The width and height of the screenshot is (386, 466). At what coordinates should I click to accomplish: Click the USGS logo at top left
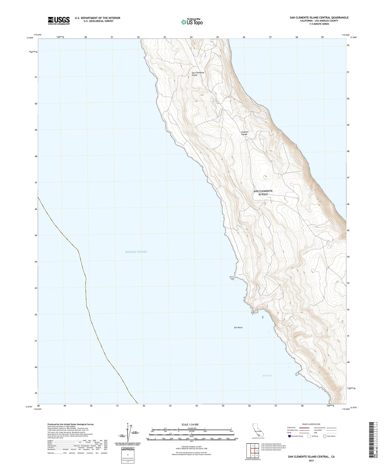pos(59,21)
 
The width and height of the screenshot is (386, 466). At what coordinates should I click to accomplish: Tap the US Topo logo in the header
pos(192,22)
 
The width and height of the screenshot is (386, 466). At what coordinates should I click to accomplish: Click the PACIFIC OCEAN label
pos(136,252)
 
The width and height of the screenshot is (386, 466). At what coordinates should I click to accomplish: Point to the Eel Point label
pos(238,327)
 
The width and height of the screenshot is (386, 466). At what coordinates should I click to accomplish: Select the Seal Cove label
pos(267,376)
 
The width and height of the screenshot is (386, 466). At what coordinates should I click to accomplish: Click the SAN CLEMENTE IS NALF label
pos(263,193)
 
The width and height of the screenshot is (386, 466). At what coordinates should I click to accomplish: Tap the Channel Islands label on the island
pos(244,133)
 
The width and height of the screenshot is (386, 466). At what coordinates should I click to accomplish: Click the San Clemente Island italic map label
pos(198,74)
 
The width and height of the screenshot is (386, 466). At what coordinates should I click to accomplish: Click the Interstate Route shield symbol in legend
pos(289,436)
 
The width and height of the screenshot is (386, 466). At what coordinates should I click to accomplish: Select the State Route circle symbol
pos(325,436)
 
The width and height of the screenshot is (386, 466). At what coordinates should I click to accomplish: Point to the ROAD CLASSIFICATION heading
pos(311,424)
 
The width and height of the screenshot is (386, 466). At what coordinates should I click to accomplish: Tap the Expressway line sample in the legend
pos(304,428)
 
